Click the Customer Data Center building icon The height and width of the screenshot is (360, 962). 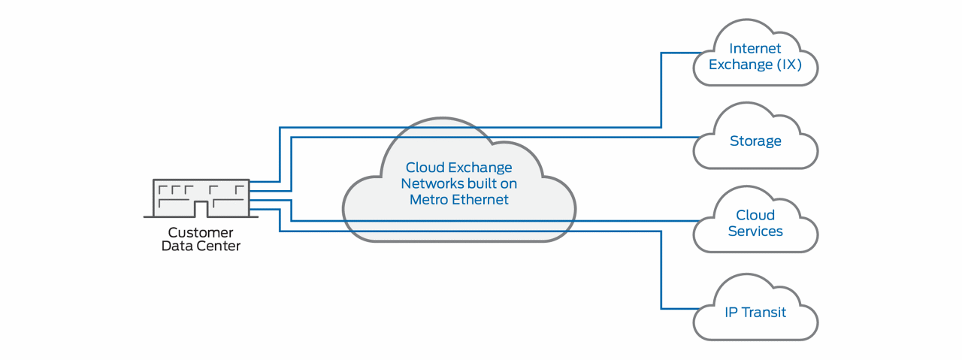201,198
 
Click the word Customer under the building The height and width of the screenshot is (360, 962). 201,232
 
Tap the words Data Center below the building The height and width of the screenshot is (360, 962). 201,246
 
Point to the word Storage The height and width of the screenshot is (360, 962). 755,141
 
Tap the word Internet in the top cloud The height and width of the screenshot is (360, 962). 755,49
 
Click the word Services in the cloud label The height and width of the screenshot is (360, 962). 755,231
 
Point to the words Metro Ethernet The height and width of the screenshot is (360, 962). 458,199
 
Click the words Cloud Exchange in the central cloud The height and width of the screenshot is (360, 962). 458,168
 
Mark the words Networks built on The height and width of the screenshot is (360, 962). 458,183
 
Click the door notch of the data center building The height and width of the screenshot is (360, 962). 201,209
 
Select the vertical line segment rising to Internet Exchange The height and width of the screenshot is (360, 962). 661,90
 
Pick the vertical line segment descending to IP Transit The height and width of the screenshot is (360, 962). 661,271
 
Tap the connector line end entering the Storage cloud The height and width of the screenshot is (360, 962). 696,137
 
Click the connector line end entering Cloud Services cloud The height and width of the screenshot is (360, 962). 696,221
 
